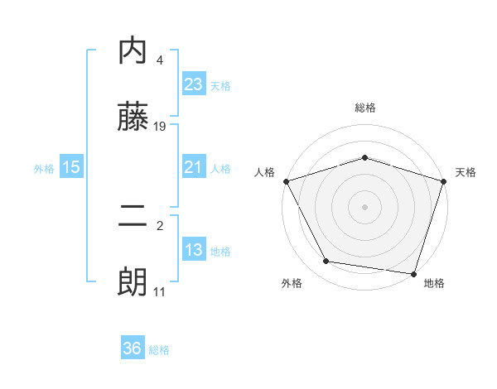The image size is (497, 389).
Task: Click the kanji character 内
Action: pos(133,51)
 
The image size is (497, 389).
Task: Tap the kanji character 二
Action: pos(133,218)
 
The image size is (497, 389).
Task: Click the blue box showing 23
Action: pos(193,84)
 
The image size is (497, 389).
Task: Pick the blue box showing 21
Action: pos(193,167)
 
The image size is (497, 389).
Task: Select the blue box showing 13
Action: pos(193,250)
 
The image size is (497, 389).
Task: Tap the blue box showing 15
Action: pos(71,167)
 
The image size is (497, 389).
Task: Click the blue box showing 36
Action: pos(133,348)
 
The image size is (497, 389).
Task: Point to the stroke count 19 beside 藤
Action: pos(161,127)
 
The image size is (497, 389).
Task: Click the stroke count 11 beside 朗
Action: pos(160,292)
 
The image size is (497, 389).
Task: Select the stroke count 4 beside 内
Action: pos(160,60)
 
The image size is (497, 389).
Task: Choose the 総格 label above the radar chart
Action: pos(365,108)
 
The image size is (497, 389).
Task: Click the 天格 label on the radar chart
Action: pos(466,172)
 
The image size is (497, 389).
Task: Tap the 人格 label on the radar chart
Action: pos(264,172)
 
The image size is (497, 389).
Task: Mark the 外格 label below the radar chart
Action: pos(292,283)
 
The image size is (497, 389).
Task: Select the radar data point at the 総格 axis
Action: pos(365,157)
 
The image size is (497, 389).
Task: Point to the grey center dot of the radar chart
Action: pos(365,206)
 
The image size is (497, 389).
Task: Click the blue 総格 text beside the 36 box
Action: pos(159,350)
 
